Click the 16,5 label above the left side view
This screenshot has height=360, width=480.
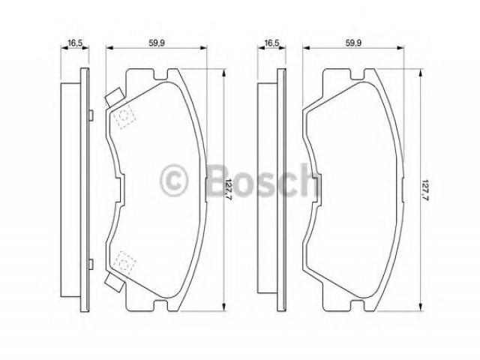[x=75, y=43]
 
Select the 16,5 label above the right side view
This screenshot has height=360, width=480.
[x=271, y=43]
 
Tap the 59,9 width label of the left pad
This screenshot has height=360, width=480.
[x=157, y=43]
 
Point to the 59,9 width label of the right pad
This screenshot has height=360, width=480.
[x=353, y=43]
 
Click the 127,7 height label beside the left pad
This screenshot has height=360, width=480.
[x=228, y=190]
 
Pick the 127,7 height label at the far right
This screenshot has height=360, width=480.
[x=425, y=190]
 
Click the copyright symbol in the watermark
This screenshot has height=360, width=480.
[x=174, y=180]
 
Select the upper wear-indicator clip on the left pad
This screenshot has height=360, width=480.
[x=115, y=97]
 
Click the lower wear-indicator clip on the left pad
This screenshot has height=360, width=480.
[x=115, y=282]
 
